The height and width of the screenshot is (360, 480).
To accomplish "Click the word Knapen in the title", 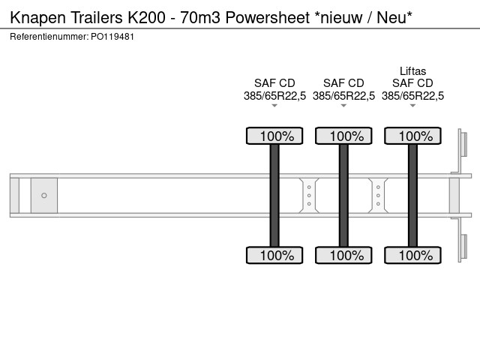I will [x=35, y=17].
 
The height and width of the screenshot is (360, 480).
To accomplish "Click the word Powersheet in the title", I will [x=261, y=17].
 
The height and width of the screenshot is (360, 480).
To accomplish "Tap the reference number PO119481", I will [x=114, y=37].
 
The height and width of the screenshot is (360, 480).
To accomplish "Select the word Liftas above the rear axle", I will [x=412, y=72].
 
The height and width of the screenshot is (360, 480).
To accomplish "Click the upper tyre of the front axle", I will [x=274, y=136].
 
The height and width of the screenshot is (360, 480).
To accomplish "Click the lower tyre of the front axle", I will [x=274, y=255].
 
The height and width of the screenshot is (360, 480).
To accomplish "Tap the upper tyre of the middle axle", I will [x=343, y=136].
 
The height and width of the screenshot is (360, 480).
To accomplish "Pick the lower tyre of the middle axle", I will [x=343, y=255].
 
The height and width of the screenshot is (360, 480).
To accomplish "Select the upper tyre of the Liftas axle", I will [x=412, y=136].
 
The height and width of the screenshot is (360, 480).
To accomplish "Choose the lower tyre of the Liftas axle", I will [x=412, y=255].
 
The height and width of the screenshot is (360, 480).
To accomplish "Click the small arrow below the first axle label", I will [x=274, y=106].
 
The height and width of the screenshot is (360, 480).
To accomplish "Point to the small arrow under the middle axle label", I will [x=343, y=106].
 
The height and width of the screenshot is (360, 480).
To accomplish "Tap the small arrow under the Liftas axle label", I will [x=412, y=106].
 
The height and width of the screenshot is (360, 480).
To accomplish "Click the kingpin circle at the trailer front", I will [x=44, y=196].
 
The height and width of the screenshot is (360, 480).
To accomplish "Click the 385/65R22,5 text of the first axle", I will [x=274, y=95].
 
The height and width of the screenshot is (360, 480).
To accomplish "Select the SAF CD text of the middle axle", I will [x=343, y=83].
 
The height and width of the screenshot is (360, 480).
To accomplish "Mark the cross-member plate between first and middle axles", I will [x=309, y=196].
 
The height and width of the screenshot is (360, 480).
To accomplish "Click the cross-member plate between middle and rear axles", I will [x=378, y=196].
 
